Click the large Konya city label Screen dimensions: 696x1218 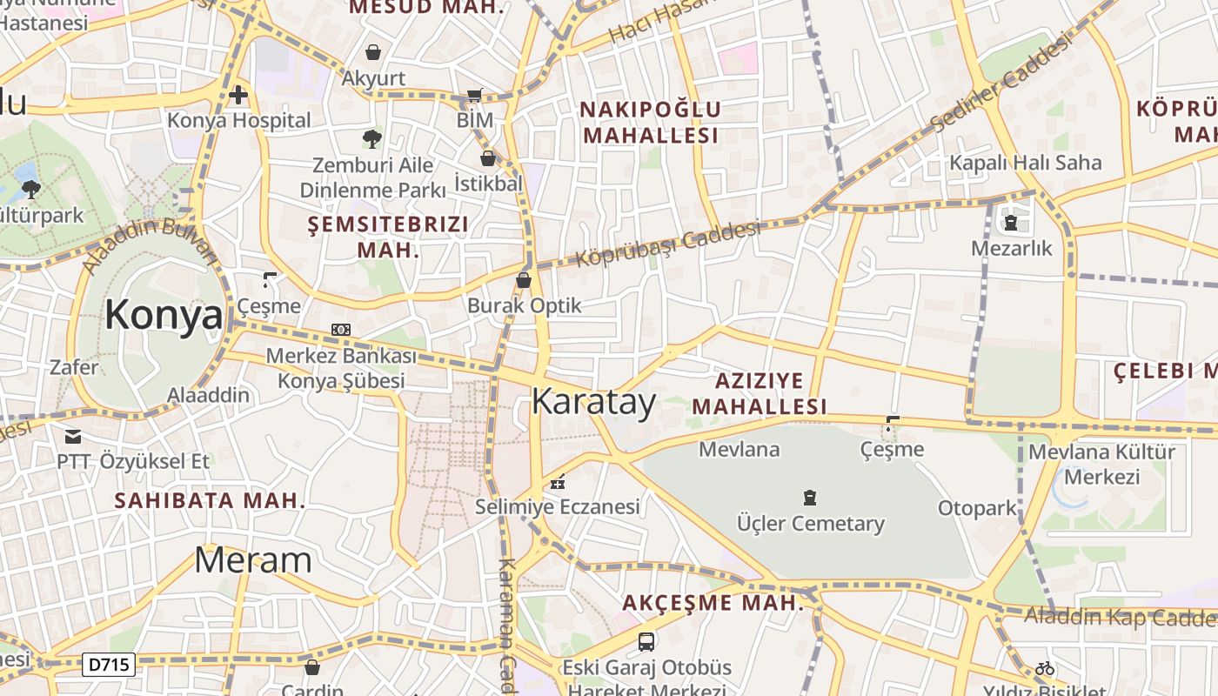tap(164, 314)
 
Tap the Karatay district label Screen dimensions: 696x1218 tap(593, 402)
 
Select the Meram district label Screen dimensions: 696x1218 tap(252, 560)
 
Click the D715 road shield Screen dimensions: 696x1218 tap(110, 666)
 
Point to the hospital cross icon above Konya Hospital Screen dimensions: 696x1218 tap(238, 94)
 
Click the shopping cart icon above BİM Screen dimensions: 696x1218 tap(474, 95)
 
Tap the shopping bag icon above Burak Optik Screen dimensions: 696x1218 tap(524, 280)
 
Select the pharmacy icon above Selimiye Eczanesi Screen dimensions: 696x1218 tap(558, 481)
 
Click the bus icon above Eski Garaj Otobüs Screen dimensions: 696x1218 tap(646, 642)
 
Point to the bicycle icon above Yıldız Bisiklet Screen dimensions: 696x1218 tap(1045, 668)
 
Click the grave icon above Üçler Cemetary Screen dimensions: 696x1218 tap(810, 498)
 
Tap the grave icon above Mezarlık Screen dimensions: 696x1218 tap(1011, 223)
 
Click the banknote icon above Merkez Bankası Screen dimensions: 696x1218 tap(341, 330)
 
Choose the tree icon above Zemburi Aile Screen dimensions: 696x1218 tap(372, 138)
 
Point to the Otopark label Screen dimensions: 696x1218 tap(977, 508)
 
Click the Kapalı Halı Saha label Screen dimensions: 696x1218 tap(1025, 163)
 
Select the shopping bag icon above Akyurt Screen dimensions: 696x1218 tap(373, 53)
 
